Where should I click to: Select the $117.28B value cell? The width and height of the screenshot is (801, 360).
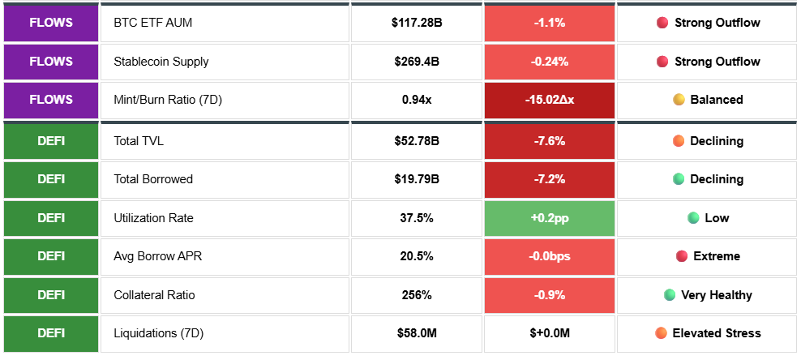click(x=417, y=24)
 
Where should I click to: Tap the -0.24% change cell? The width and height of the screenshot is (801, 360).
click(x=549, y=62)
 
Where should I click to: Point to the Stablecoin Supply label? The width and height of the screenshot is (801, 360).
click(x=161, y=62)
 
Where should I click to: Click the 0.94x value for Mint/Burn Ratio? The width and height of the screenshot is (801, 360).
click(x=417, y=100)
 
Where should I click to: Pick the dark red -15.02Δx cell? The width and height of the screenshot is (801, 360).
click(x=549, y=100)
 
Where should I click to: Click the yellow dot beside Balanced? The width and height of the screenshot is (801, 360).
click(x=679, y=100)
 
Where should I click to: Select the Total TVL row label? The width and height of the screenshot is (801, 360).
click(x=139, y=141)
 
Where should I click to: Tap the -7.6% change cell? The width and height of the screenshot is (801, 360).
click(x=549, y=141)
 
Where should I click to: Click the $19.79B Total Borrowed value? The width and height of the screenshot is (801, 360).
click(x=417, y=179)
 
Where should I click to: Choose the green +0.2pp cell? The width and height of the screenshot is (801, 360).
click(x=549, y=218)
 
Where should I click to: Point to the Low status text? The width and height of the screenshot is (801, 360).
click(x=717, y=218)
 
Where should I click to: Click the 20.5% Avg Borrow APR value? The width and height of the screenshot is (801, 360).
click(x=417, y=256)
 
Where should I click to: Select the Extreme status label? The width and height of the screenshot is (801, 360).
click(x=717, y=256)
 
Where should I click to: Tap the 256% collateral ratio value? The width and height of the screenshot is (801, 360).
click(x=417, y=295)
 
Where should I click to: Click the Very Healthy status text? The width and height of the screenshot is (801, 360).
click(x=717, y=295)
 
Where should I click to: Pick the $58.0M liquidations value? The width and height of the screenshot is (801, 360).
click(x=417, y=333)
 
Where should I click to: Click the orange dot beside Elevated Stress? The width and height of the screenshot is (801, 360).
click(x=661, y=333)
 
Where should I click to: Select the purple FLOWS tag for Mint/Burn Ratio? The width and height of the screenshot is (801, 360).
click(x=51, y=100)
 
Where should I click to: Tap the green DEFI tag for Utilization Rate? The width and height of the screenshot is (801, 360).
click(x=51, y=218)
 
